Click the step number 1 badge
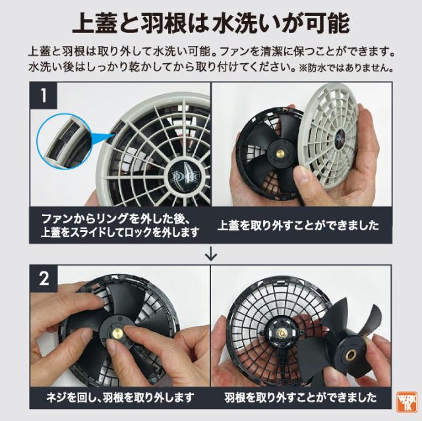[x=44, y=96]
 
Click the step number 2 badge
[x=44, y=279]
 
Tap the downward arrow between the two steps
[x=211, y=254]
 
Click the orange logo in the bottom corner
[x=406, y=402]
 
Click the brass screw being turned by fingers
[x=117, y=333]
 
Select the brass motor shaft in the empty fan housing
[x=282, y=333]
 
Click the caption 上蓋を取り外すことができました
[x=298, y=225]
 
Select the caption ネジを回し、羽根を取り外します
[x=120, y=397]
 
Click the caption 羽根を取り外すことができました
[x=301, y=397]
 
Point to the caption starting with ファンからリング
[x=120, y=225]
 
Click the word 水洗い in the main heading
[x=244, y=24]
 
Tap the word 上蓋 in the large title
[x=94, y=24]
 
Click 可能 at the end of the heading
[x=328, y=24]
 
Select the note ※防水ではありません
[x=346, y=68]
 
